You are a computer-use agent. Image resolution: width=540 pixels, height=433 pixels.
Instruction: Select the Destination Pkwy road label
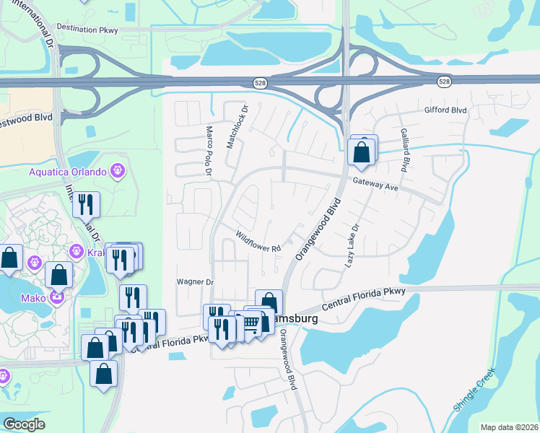tap(87, 28)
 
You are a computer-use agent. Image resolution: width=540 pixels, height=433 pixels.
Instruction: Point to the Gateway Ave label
tap(375, 185)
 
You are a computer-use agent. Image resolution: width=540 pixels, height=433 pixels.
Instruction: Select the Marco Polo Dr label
tap(208, 152)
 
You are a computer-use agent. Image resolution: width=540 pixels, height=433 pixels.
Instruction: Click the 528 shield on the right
tap(444, 82)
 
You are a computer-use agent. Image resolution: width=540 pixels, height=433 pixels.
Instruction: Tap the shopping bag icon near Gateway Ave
tap(360, 152)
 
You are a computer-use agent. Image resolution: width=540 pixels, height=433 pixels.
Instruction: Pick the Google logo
tap(24, 424)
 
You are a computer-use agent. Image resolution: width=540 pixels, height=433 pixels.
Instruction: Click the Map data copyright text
tap(509, 427)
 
